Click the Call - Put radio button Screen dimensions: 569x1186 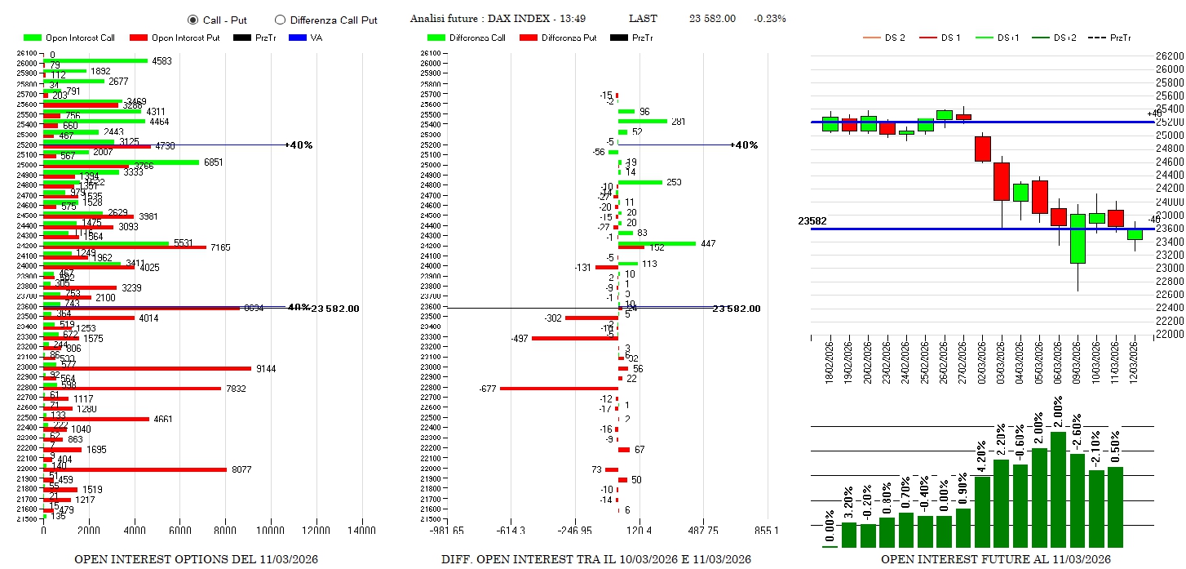pyautogui.click(x=193, y=20)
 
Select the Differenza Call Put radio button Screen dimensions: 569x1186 pyautogui.click(x=281, y=20)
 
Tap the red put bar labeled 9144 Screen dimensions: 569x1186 pyautogui.click(x=147, y=369)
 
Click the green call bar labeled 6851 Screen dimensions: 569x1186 pyautogui.click(x=121, y=162)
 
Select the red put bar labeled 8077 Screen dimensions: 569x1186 pyautogui.click(x=135, y=469)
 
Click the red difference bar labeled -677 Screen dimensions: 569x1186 pyautogui.click(x=559, y=389)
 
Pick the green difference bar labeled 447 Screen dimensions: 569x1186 pyautogui.click(x=657, y=243)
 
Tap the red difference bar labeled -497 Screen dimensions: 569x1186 pyautogui.click(x=574, y=338)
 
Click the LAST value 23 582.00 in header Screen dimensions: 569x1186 pyautogui.click(x=712, y=19)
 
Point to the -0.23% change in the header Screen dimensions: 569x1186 pyautogui.click(x=770, y=19)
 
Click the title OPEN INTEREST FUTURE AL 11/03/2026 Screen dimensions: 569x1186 pyautogui.click(x=995, y=559)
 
